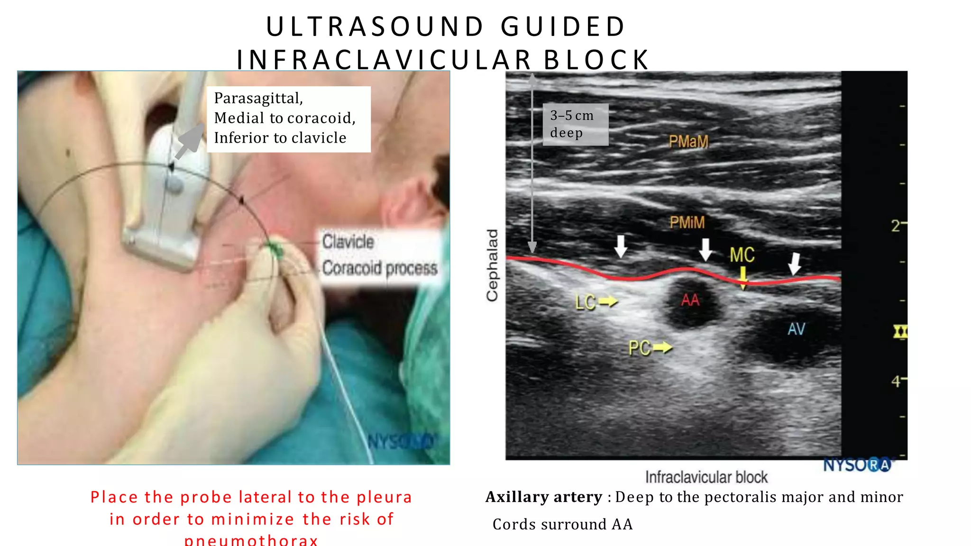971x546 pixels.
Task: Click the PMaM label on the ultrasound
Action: coord(688,141)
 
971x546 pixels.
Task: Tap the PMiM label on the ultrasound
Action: coord(687,222)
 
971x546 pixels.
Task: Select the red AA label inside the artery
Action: coord(690,300)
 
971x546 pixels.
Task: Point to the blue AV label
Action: coord(797,329)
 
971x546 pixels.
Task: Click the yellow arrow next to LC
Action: coord(608,301)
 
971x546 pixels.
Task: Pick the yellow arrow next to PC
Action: coord(663,348)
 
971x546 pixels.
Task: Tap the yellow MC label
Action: coord(742,255)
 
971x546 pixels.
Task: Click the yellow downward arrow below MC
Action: coord(743,278)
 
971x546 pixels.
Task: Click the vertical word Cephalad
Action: coord(493,265)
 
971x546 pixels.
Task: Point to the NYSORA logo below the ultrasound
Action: coord(857,465)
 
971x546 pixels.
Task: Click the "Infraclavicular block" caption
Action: coord(706,477)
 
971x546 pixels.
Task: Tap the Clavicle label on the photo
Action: coord(348,242)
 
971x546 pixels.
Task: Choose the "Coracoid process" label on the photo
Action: coord(380,268)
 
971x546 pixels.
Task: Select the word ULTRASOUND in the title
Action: coord(375,27)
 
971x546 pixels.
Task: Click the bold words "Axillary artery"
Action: coord(544,497)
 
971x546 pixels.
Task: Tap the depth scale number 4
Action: coord(896,381)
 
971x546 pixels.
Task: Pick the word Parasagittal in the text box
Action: coord(258,98)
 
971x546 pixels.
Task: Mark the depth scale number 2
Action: coord(896,225)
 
